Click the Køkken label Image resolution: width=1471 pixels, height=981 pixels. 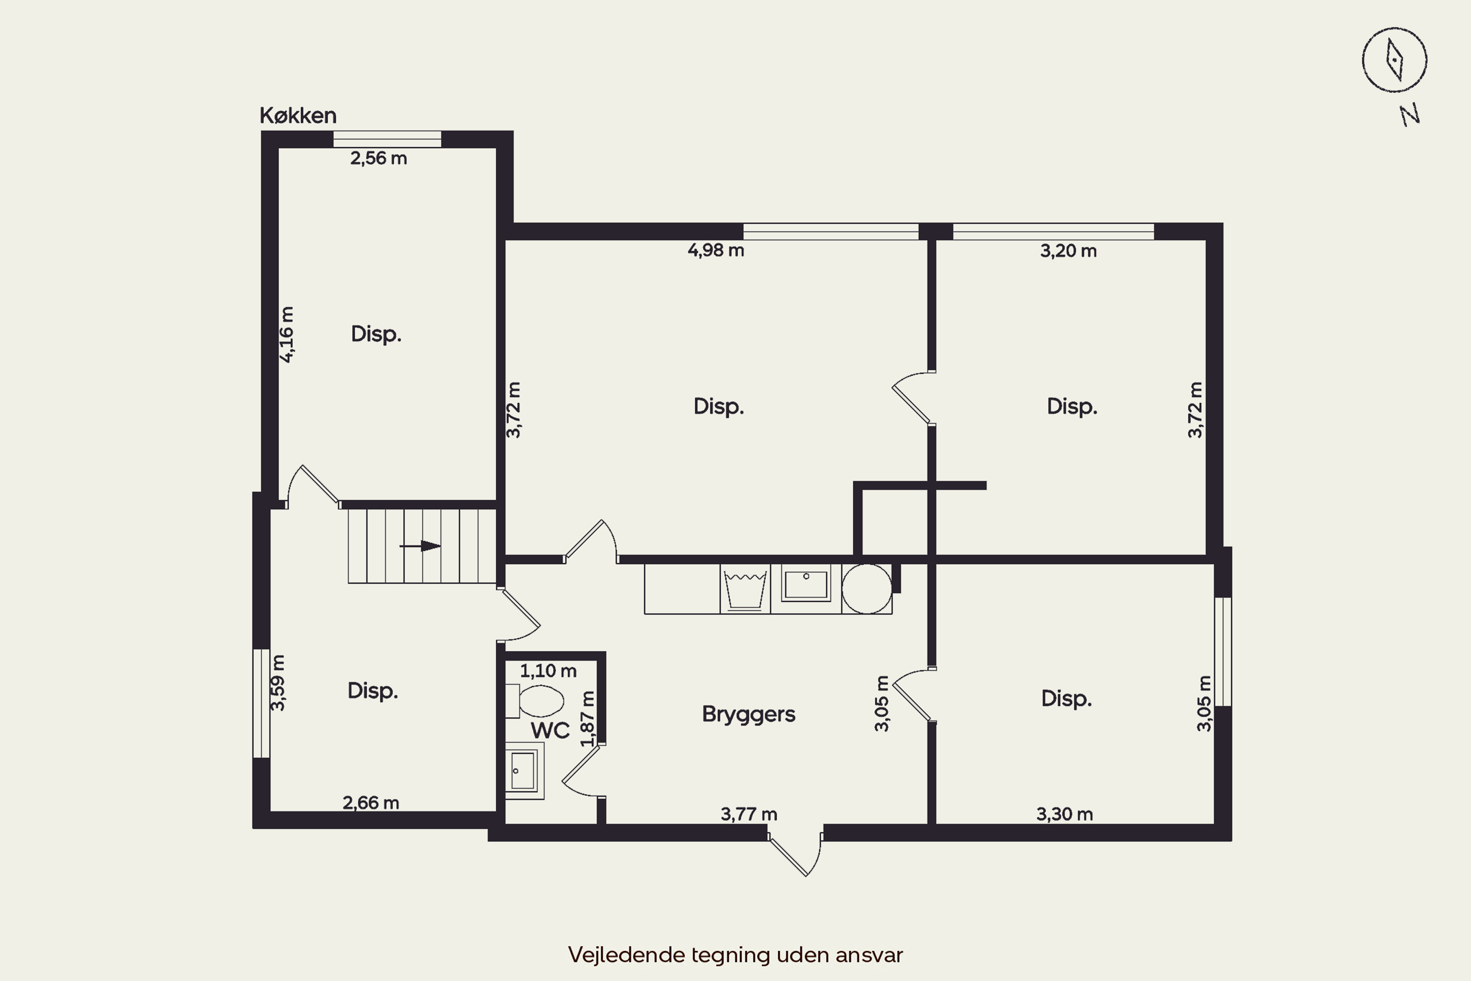298,116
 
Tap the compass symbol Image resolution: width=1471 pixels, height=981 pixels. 1394,60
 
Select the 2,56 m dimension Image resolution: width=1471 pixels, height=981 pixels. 379,158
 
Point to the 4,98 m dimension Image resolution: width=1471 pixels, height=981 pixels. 715,251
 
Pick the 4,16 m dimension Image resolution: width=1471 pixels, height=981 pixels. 286,335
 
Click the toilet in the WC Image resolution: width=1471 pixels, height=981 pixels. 535,701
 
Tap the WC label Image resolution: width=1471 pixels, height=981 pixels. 550,730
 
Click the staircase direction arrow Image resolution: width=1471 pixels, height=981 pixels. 420,546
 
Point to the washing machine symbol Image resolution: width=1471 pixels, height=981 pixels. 745,589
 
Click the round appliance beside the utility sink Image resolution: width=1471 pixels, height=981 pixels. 867,589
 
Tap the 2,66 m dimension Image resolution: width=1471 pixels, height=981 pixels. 371,802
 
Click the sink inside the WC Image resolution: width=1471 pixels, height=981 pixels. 524,771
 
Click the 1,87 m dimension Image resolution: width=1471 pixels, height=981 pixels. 587,719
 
